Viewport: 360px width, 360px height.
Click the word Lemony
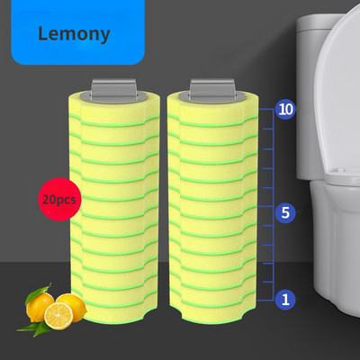[74, 34]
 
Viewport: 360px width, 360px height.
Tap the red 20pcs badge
[59, 200]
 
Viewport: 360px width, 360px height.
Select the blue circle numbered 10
[285, 110]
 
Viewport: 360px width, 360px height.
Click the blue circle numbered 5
[285, 212]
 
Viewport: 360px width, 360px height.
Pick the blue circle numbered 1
[285, 300]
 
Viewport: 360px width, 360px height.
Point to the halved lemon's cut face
[58, 316]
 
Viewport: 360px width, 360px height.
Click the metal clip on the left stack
[114, 89]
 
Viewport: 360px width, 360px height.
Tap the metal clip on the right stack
[212, 89]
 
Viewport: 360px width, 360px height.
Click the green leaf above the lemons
[38, 293]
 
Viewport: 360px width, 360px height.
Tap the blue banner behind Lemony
[78, 32]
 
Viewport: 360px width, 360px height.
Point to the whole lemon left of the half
[39, 307]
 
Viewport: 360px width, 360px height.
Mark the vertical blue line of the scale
[274, 204]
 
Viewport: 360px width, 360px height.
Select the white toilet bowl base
[336, 249]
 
